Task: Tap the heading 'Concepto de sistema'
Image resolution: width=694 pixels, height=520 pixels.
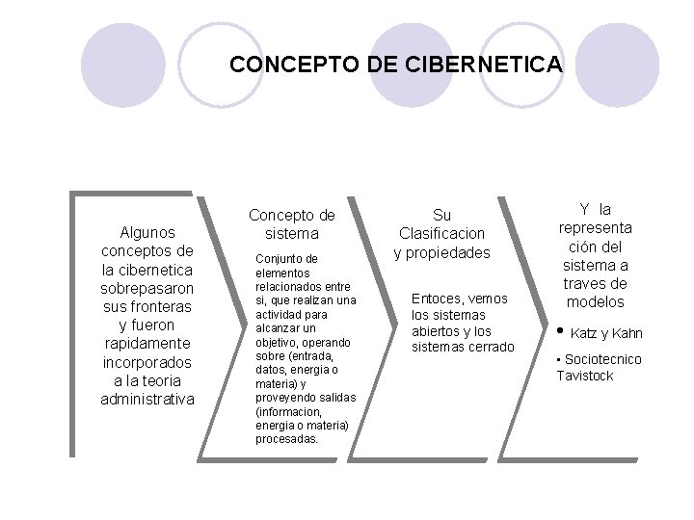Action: point(292,223)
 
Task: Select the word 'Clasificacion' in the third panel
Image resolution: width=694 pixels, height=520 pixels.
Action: point(441,233)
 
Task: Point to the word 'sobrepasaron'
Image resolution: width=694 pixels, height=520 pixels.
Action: point(147,288)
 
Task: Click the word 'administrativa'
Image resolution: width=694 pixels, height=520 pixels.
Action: point(147,399)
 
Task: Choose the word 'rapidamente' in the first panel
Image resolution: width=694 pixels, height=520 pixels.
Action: point(147,344)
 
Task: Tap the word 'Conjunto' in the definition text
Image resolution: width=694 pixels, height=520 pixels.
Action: point(275,258)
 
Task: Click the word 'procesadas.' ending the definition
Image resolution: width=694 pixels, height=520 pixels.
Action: point(286,438)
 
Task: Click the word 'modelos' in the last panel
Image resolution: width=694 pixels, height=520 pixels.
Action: point(594,301)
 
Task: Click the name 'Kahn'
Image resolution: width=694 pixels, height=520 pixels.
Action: point(627,334)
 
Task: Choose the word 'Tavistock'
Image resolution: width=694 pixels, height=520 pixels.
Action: point(584,376)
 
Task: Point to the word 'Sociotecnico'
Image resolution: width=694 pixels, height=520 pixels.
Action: point(602,359)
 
